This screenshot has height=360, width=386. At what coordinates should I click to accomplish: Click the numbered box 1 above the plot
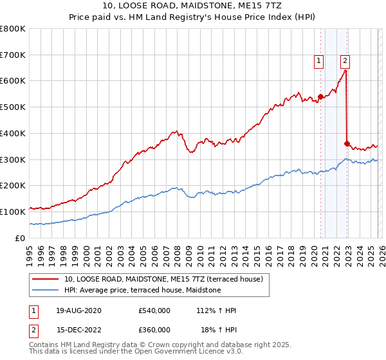click(318, 61)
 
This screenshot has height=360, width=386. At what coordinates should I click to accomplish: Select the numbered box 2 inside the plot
click(345, 61)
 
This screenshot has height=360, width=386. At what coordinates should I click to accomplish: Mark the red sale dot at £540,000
click(320, 96)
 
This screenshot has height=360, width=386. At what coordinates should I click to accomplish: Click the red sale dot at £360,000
click(347, 143)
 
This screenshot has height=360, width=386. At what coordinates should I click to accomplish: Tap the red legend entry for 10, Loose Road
click(163, 279)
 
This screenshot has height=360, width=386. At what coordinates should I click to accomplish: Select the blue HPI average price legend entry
click(142, 290)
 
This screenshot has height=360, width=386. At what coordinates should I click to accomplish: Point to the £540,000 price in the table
click(154, 310)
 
